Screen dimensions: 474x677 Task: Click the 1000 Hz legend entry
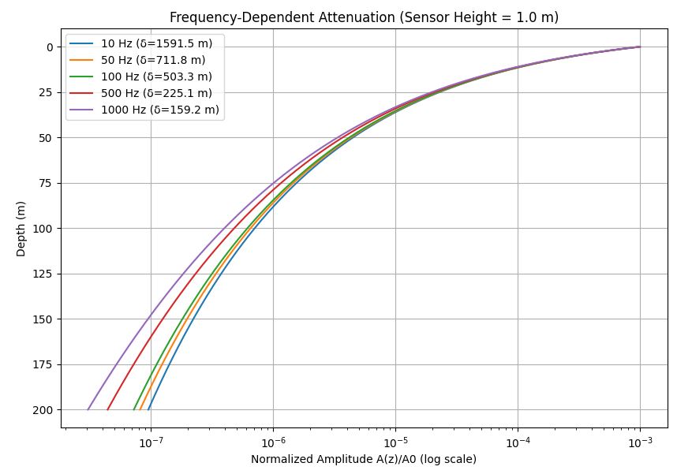(159, 110)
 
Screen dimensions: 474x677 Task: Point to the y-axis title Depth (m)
(21, 228)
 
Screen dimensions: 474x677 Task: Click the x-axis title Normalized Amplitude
(364, 459)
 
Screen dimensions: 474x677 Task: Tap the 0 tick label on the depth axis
(49, 47)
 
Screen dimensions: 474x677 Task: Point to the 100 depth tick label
(43, 229)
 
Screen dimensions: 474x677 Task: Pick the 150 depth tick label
(43, 319)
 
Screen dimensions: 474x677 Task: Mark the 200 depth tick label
(43, 410)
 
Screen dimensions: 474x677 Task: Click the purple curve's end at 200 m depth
(88, 409)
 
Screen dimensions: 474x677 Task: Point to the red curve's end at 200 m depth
(107, 409)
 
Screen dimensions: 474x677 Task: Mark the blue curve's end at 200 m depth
(148, 409)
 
